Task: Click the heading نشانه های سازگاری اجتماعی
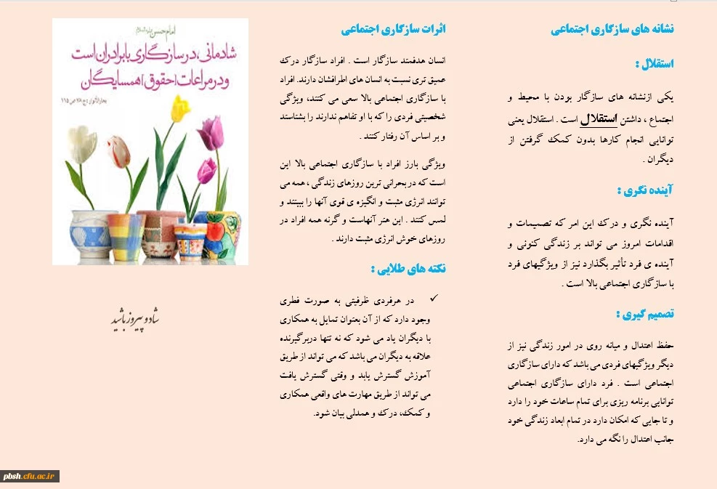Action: [612, 30]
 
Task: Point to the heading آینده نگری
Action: [645, 190]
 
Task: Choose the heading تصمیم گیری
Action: [644, 314]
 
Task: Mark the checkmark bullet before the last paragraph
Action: [434, 298]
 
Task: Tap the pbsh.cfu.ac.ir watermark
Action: [30, 476]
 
